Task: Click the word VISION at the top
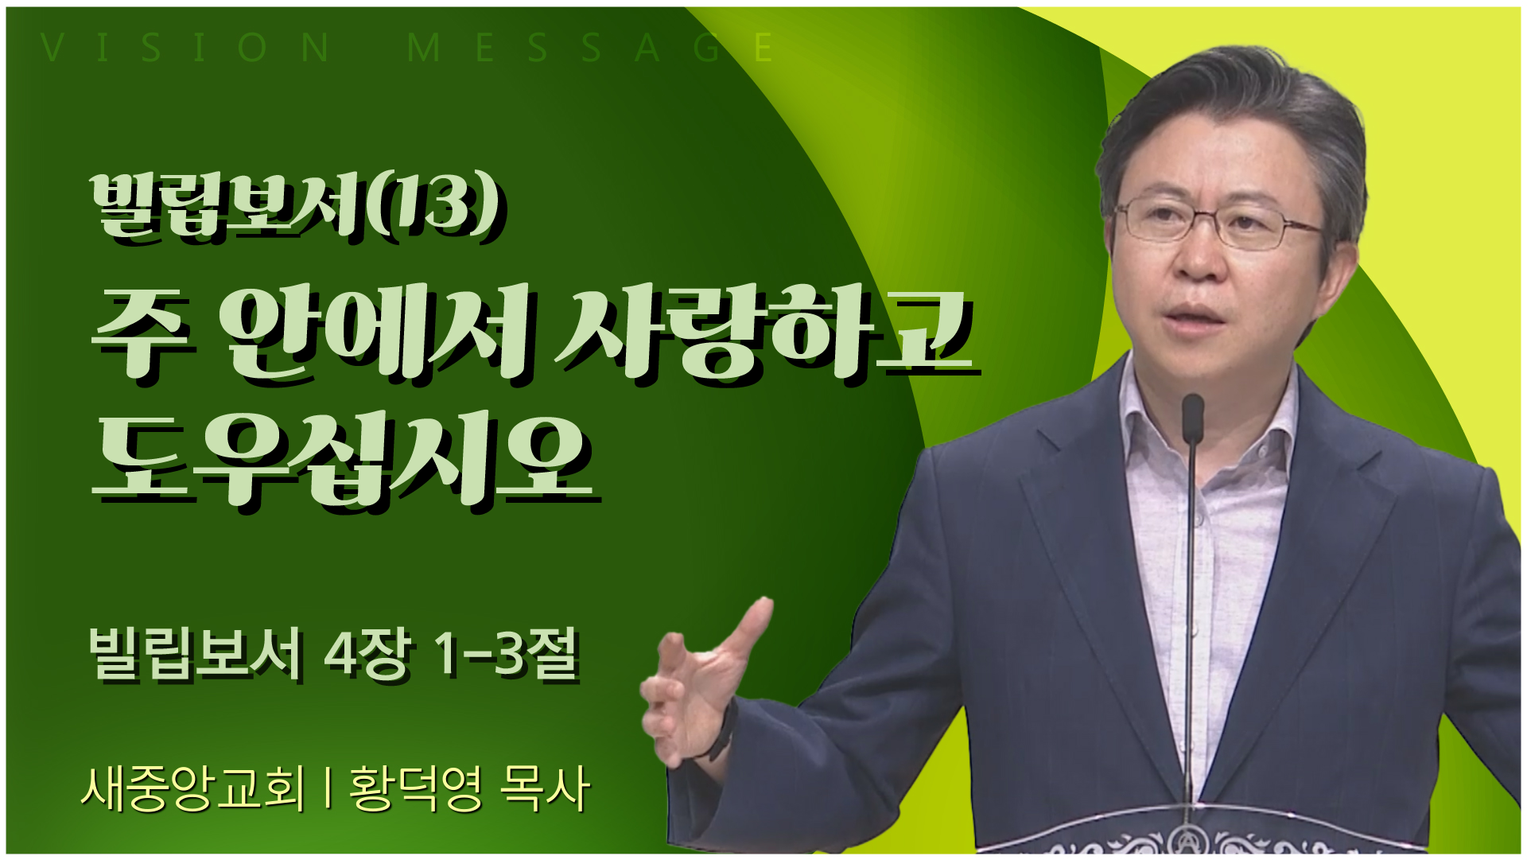[185, 48]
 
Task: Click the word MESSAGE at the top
[589, 48]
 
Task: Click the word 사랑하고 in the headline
[765, 334]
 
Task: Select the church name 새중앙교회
[192, 788]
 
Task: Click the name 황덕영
[415, 788]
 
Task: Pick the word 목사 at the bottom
[544, 788]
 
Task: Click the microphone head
[1192, 418]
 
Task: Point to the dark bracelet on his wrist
[724, 728]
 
